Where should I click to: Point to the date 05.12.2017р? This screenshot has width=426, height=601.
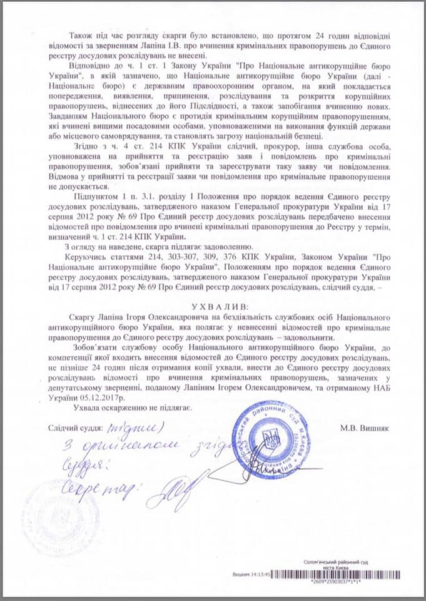click(x=98, y=396)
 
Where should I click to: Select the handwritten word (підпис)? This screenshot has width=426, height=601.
click(x=134, y=427)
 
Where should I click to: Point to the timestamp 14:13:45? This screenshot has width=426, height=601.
click(x=258, y=573)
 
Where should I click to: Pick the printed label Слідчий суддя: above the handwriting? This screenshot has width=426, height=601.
click(x=74, y=428)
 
